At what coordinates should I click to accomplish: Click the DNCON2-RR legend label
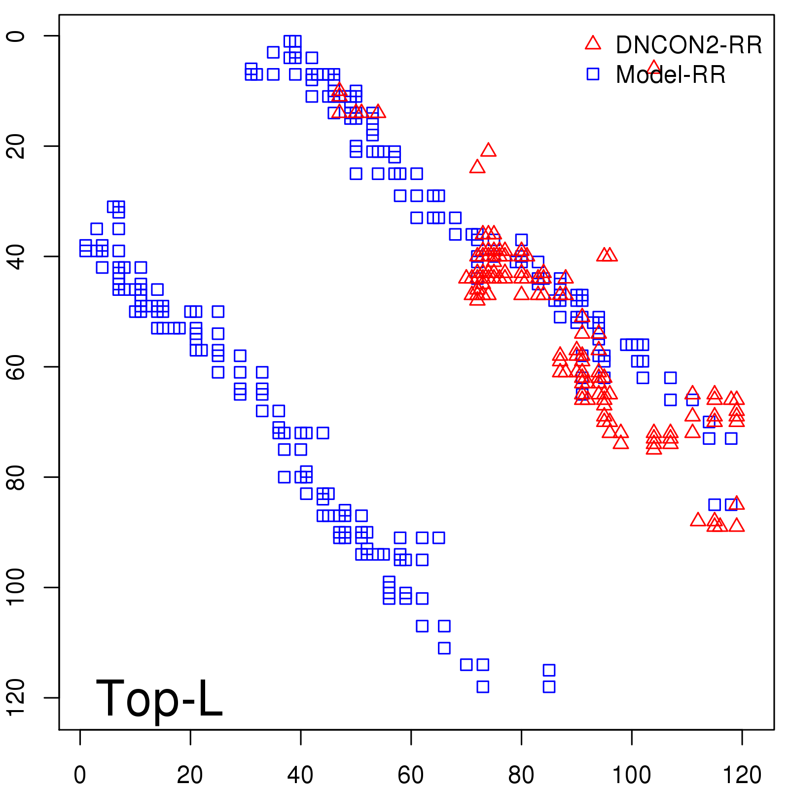688,45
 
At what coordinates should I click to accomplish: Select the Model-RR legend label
671,74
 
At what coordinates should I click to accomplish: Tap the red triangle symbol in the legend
593,43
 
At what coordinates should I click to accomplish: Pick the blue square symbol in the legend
593,74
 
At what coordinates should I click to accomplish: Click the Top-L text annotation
159,698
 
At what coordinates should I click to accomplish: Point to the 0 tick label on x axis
80,775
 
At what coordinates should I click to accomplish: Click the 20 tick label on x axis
190,775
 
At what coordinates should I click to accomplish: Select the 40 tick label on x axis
300,775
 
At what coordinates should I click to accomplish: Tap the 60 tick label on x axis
411,775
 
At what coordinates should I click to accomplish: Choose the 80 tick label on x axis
521,775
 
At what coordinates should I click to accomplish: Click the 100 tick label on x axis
631,775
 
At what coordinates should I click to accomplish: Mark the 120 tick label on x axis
742,775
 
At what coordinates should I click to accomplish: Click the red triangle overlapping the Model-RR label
653,67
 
